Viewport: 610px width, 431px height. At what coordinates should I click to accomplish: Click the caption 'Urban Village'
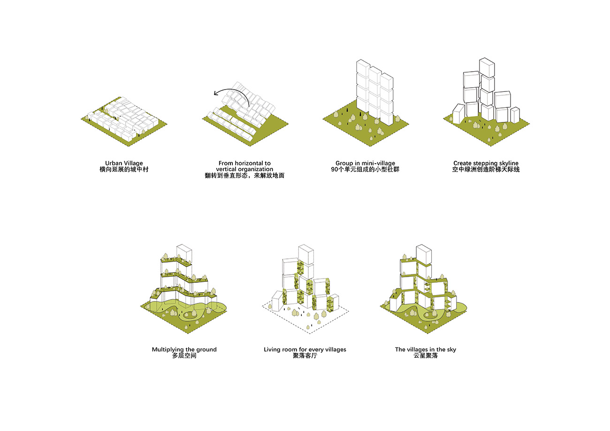point(124,163)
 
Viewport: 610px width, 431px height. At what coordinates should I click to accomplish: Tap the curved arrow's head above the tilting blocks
point(216,93)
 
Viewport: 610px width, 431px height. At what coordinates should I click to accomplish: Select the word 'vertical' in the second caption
point(226,169)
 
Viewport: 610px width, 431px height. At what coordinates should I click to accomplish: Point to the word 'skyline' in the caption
point(508,163)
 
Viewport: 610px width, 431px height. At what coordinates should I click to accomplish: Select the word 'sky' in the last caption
point(451,349)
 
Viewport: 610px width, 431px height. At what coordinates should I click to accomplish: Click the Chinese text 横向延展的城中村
point(124,169)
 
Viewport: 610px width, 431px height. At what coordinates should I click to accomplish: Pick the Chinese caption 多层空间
point(184,355)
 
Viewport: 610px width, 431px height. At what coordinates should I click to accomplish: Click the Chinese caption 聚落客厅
point(305,355)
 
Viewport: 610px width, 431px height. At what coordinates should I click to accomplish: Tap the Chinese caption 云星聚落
point(426,355)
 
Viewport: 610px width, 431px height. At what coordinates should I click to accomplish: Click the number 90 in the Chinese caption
point(335,169)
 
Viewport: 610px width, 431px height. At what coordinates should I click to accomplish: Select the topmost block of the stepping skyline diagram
point(487,68)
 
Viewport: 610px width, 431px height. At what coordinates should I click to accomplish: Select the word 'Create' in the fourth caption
point(462,163)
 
